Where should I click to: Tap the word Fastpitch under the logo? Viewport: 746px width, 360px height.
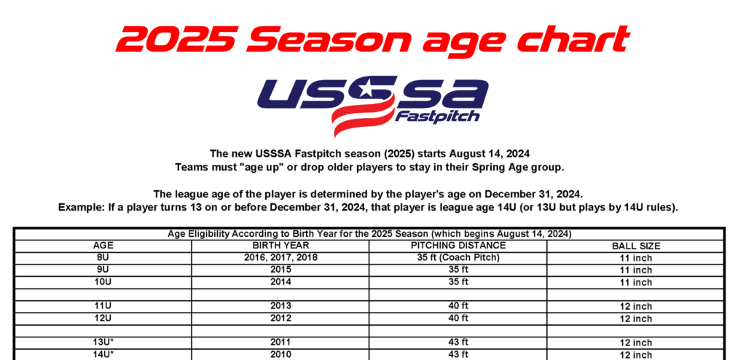[x=437, y=117]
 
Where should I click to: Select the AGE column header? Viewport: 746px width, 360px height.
[x=103, y=246]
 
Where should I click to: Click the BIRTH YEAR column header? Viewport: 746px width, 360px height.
[x=280, y=246]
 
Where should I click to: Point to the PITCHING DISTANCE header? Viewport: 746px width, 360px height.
[x=458, y=246]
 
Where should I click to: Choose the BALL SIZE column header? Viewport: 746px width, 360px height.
[x=636, y=246]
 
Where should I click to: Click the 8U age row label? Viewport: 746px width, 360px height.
[x=103, y=258]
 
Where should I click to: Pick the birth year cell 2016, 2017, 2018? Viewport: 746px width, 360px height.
[x=280, y=258]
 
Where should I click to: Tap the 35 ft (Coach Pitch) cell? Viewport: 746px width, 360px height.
[x=458, y=258]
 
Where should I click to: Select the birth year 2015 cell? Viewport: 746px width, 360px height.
[x=280, y=270]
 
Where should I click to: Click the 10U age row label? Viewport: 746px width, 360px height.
[x=103, y=281]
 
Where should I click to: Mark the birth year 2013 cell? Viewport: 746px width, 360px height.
[x=280, y=306]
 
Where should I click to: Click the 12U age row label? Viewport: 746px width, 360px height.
[x=103, y=318]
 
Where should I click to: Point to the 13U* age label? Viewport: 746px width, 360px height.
[x=103, y=342]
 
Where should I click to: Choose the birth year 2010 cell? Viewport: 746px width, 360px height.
[x=280, y=354]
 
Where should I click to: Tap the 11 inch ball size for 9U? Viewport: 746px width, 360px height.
[x=636, y=270]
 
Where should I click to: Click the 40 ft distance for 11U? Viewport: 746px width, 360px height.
[x=458, y=306]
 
